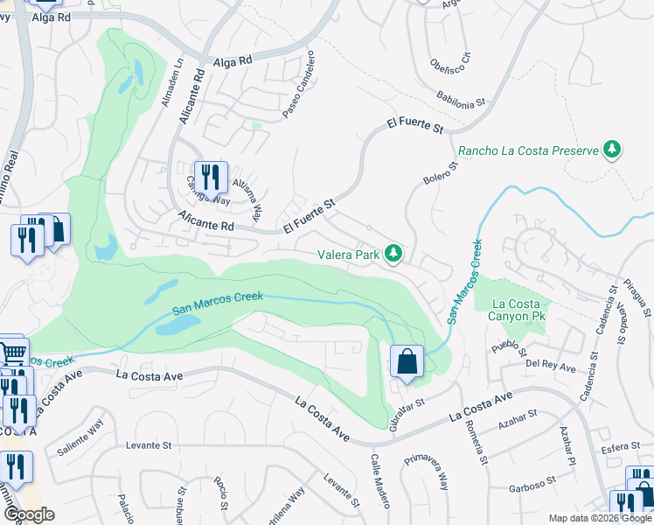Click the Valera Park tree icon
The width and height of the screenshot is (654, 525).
[393, 254]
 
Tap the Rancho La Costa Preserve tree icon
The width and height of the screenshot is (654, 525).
[613, 150]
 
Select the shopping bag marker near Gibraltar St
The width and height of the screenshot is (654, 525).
[407, 361]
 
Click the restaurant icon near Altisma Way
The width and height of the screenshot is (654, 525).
[210, 178]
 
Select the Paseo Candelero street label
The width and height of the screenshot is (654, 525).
[298, 85]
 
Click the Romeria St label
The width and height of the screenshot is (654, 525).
[477, 442]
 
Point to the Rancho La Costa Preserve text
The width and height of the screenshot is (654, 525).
[530, 150]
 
